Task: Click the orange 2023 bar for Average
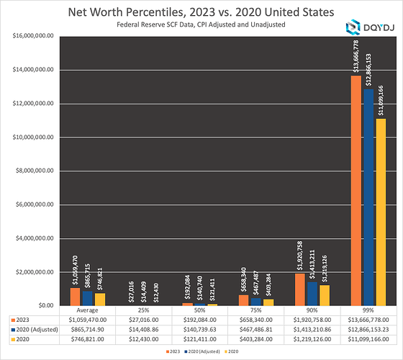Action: pos(75,297)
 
